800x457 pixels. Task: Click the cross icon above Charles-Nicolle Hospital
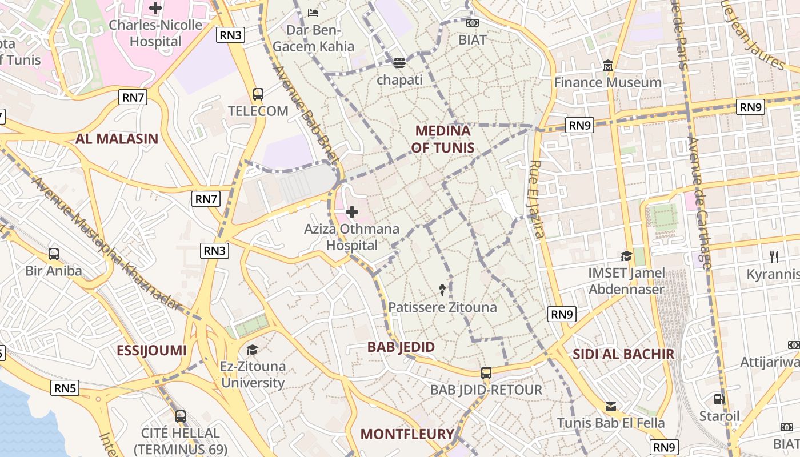155,8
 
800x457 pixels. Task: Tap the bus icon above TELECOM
258,94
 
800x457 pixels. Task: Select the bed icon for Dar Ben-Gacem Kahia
313,13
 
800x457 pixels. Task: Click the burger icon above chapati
399,63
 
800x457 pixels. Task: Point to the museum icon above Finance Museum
607,66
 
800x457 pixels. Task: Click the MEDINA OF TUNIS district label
443,139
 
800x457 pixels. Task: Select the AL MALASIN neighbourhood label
117,138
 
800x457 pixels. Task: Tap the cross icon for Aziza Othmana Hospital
351,213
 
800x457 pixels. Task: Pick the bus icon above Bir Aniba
54,254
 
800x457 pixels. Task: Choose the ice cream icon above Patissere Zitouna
442,290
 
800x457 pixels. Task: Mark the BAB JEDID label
401,347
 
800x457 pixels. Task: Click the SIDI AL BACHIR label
623,354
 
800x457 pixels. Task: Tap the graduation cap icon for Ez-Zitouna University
252,349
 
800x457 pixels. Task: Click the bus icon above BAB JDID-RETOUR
486,373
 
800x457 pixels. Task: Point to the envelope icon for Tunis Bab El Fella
610,407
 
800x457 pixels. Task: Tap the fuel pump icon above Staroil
719,399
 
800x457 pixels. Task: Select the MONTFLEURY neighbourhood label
407,434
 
